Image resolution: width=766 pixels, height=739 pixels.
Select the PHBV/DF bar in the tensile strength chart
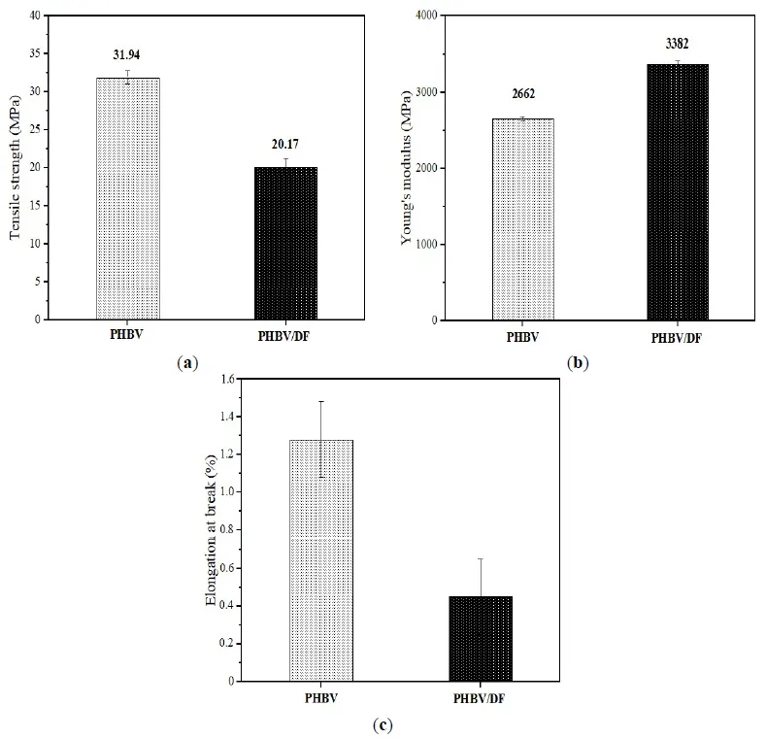click(285, 243)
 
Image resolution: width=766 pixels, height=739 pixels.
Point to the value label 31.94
click(128, 54)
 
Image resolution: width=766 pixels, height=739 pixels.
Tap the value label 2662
click(523, 94)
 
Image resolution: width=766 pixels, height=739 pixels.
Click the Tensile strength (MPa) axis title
click(16, 166)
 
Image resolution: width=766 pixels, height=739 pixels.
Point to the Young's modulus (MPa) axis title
click(408, 167)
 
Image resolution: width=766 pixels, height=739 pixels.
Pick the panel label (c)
click(383, 724)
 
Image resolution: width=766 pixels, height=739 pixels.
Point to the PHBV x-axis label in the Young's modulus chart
click(524, 339)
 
